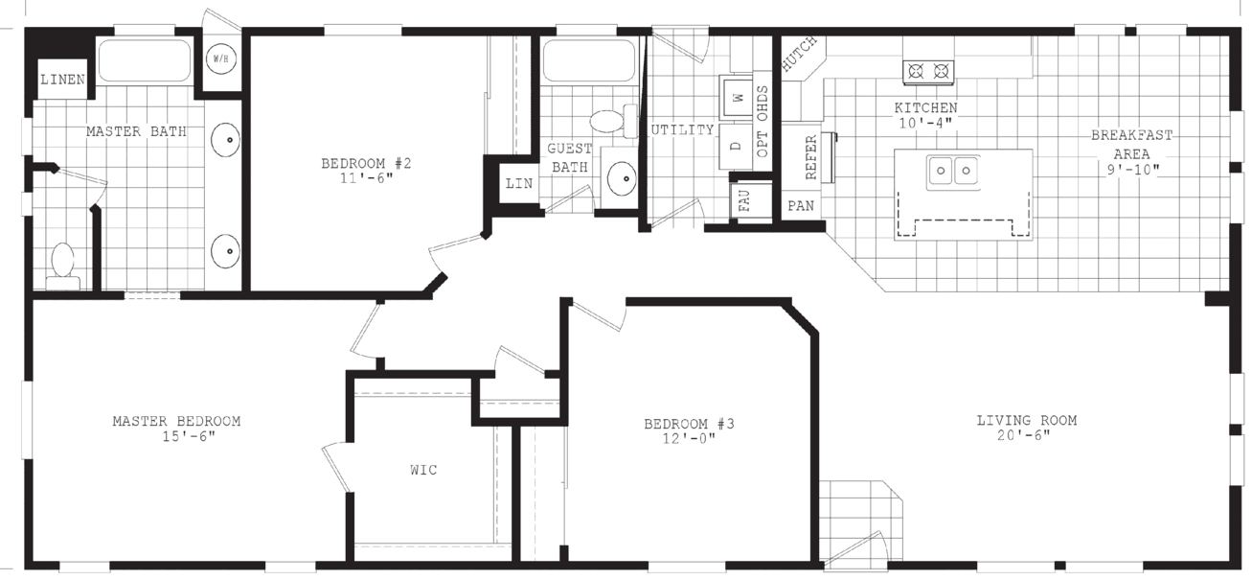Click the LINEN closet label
pyautogui.click(x=62, y=80)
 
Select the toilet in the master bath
pyautogui.click(x=63, y=265)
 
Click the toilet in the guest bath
pyautogui.click(x=609, y=121)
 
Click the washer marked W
pyautogui.click(x=737, y=97)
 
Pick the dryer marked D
pyautogui.click(x=737, y=147)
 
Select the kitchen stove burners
pyautogui.click(x=928, y=70)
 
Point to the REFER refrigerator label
pyautogui.click(x=811, y=156)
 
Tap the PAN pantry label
pyautogui.click(x=800, y=206)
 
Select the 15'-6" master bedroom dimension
pyautogui.click(x=190, y=436)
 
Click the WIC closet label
pyautogui.click(x=423, y=470)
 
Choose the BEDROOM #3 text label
pyautogui.click(x=689, y=424)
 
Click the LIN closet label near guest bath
pyautogui.click(x=518, y=183)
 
